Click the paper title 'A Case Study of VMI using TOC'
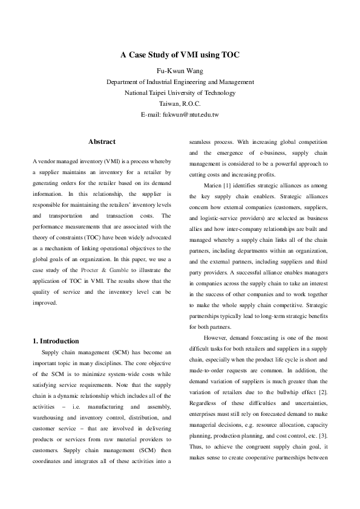[180, 55]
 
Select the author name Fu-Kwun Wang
[180, 70]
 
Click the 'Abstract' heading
[102, 141]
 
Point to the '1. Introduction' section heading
[55, 341]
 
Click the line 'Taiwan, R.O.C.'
[180, 103]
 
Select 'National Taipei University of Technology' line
[180, 92]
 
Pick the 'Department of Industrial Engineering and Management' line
[180, 82]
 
